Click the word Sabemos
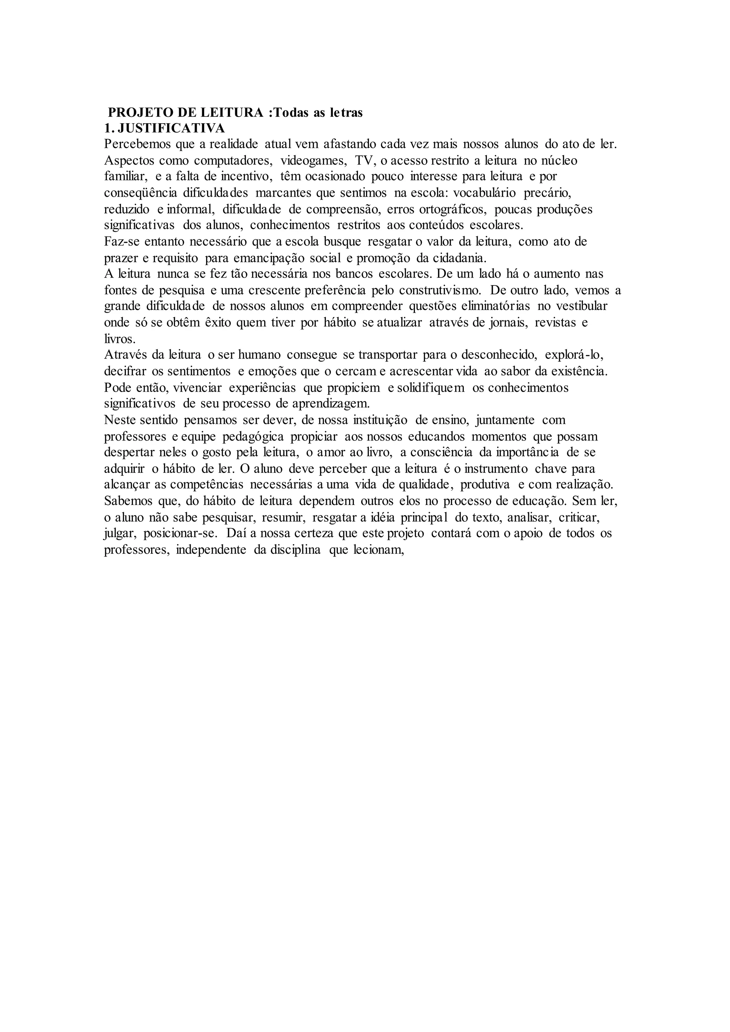pyautogui.click(x=127, y=501)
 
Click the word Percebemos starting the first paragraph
pyautogui.click(x=136, y=145)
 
